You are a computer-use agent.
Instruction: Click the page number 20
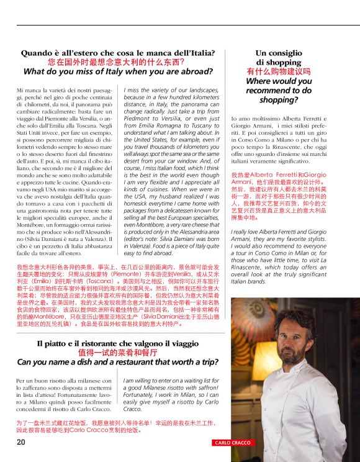[21, 442]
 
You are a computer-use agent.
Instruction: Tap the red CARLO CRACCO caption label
[233, 443]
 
